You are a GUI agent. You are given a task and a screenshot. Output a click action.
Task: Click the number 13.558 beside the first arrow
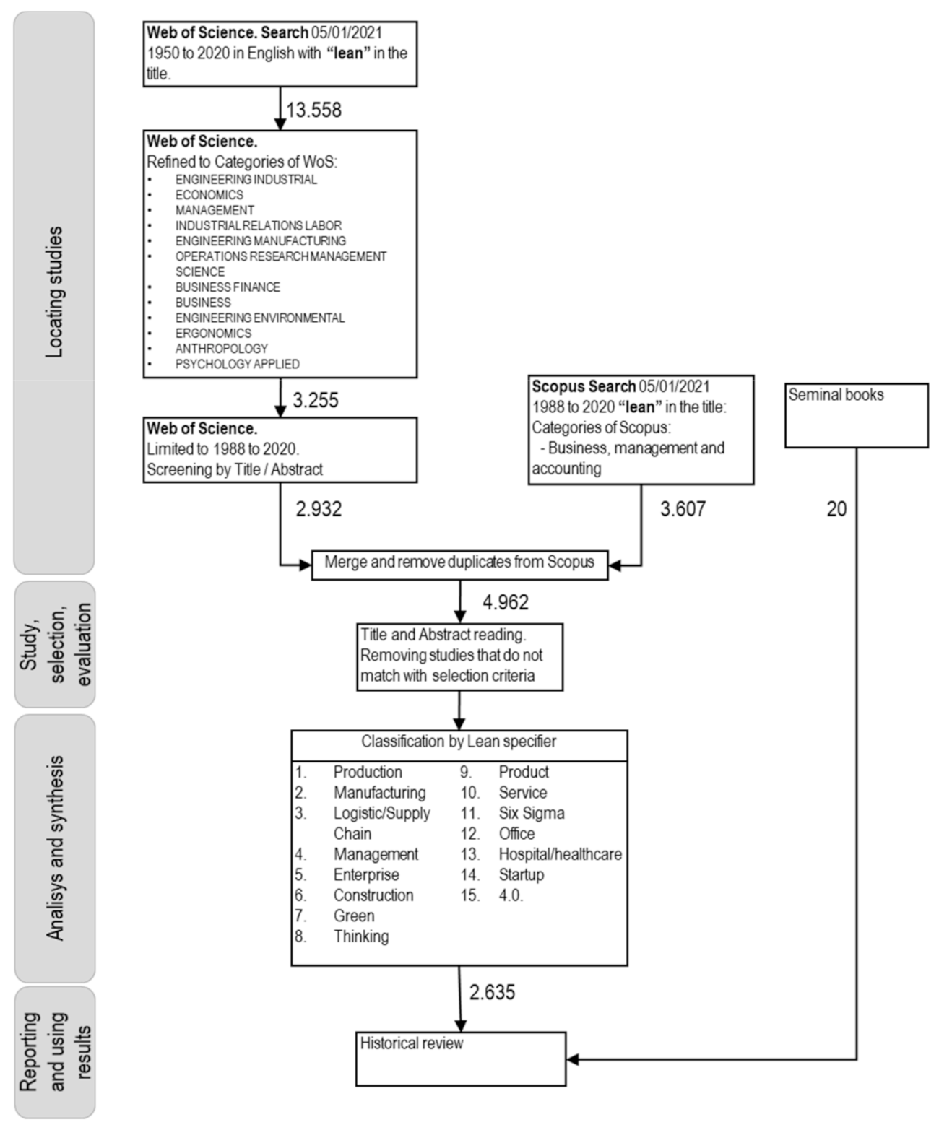(313, 110)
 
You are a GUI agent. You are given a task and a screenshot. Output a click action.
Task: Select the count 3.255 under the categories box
(315, 400)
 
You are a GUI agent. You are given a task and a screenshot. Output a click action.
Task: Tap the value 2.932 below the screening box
(319, 509)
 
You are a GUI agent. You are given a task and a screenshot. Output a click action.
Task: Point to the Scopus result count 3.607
(683, 509)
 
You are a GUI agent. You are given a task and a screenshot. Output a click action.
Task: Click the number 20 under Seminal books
(836, 509)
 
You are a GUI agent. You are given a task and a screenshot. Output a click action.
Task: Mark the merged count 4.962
(505, 602)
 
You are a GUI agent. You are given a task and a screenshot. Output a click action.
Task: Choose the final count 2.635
(492, 992)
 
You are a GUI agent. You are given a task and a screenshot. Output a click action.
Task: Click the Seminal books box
(856, 415)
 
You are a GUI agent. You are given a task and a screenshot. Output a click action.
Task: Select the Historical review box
(460, 1059)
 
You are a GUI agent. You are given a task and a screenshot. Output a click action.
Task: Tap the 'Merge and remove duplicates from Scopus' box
(459, 562)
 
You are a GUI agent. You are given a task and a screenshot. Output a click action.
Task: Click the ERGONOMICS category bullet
(213, 333)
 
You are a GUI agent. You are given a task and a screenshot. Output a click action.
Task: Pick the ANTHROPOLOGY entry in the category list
(221, 348)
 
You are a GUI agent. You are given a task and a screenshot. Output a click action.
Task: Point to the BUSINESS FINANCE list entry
(228, 287)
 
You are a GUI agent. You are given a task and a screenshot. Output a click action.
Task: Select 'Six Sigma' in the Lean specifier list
(532, 813)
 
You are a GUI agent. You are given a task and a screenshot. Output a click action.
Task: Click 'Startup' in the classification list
(521, 874)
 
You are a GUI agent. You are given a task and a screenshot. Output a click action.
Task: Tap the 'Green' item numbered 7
(354, 916)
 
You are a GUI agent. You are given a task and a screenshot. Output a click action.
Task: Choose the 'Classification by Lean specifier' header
(459, 742)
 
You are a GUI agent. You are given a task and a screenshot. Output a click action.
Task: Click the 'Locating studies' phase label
(54, 292)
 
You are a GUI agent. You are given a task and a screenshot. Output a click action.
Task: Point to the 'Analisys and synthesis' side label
(54, 848)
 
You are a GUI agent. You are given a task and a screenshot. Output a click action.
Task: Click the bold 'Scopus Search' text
(584, 386)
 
